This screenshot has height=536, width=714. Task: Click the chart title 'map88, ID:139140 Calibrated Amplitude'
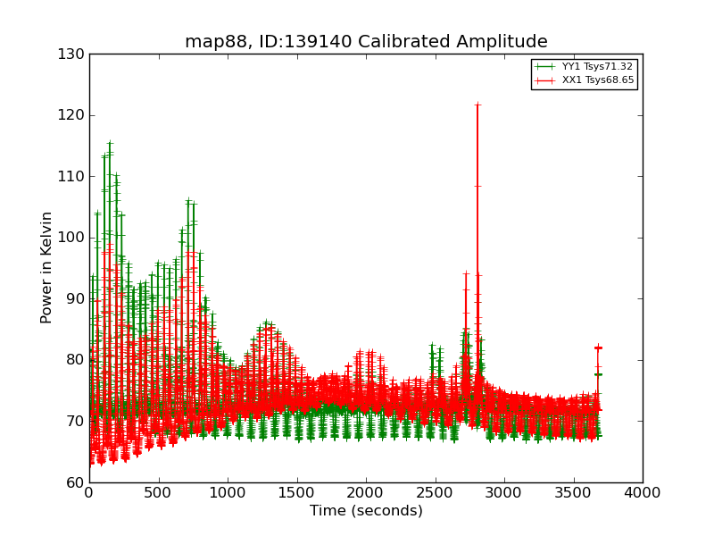click(366, 42)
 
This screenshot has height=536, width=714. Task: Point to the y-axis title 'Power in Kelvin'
click(46, 267)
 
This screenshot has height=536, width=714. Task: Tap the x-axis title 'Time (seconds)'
click(366, 511)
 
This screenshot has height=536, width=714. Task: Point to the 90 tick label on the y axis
click(74, 298)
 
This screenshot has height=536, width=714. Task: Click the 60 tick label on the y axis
click(74, 482)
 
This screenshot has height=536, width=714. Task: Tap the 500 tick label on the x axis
click(158, 492)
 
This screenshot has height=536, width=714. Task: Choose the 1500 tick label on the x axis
click(296, 492)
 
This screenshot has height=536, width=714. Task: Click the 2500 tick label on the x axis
click(435, 492)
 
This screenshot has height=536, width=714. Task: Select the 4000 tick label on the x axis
click(642, 492)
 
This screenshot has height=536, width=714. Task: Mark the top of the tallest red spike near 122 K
click(477, 105)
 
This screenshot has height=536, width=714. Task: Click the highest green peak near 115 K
click(110, 143)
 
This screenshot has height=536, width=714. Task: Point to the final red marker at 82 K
click(598, 348)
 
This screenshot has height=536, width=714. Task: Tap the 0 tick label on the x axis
click(89, 492)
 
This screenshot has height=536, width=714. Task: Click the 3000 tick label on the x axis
click(503, 492)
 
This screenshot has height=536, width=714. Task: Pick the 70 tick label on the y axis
click(74, 421)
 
